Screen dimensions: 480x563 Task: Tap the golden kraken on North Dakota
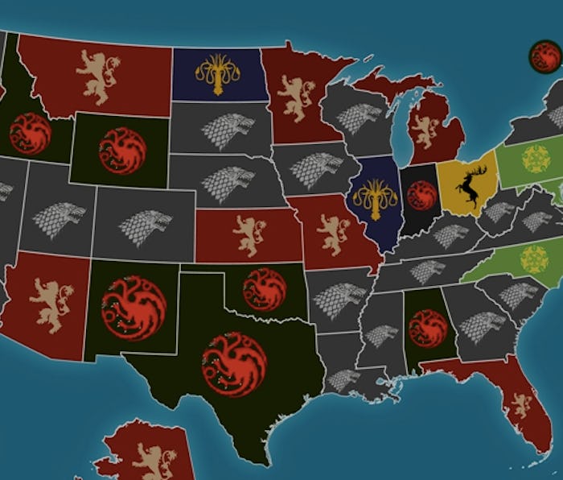pyautogui.click(x=219, y=73)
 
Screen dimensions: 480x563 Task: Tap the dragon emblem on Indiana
pyautogui.click(x=421, y=195)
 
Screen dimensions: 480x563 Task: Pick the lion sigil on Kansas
pyautogui.click(x=249, y=235)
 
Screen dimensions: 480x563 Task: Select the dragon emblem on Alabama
pyautogui.click(x=427, y=328)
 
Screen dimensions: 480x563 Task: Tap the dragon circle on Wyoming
pyautogui.click(x=122, y=151)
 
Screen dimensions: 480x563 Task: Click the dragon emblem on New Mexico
pyautogui.click(x=134, y=307)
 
